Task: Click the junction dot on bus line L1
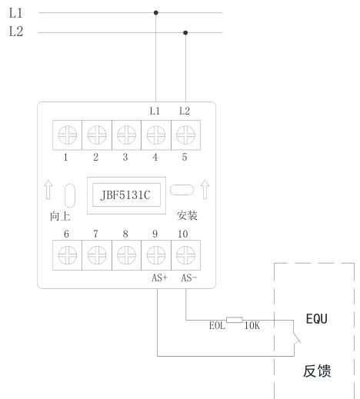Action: (x=156, y=12)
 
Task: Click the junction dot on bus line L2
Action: (x=185, y=33)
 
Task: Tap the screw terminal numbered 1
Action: (x=68, y=135)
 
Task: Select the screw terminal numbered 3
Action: (x=126, y=135)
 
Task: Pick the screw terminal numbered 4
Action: (x=156, y=135)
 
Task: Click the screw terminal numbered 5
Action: (x=185, y=135)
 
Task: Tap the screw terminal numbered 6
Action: (x=68, y=255)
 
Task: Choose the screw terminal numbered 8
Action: (x=126, y=255)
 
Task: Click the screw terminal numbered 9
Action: (x=156, y=255)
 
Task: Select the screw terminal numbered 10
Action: (x=185, y=255)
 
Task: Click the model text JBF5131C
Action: (x=125, y=195)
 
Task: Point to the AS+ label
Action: (x=159, y=278)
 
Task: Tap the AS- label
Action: (x=189, y=278)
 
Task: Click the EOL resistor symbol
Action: (x=235, y=320)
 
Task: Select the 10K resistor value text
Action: (x=252, y=326)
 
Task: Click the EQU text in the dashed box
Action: (x=317, y=319)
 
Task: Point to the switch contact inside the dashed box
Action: (x=297, y=337)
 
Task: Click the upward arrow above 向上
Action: (x=48, y=190)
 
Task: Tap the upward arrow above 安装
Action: (x=205, y=190)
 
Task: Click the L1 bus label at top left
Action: (x=16, y=13)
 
